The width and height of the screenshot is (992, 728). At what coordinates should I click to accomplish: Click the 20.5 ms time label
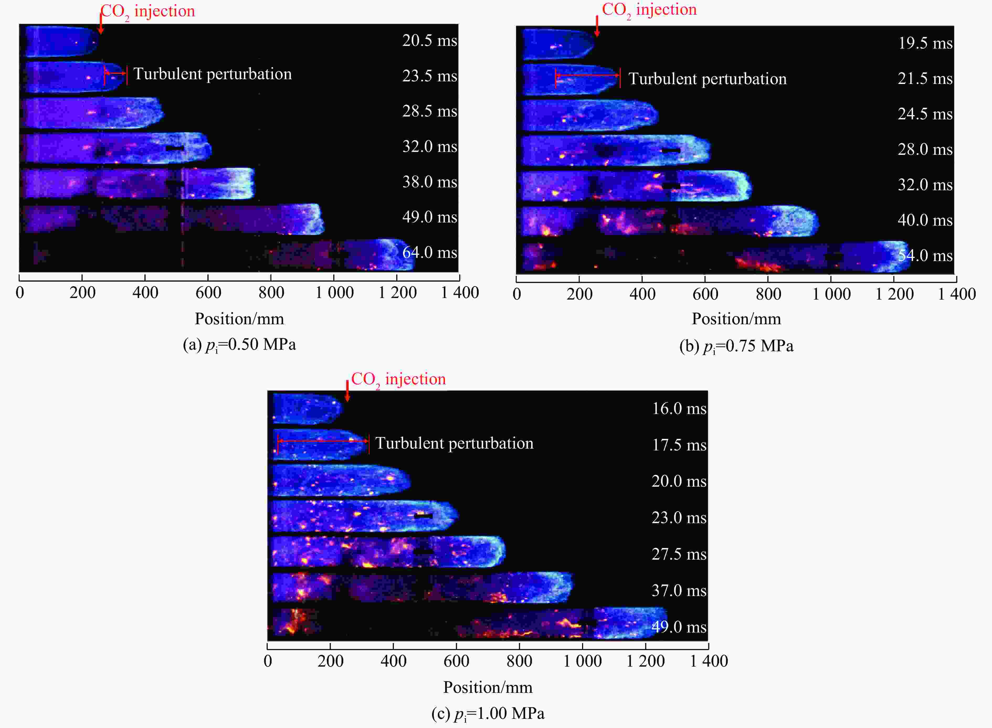(x=429, y=41)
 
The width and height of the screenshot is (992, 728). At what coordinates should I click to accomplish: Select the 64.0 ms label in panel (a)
(x=429, y=253)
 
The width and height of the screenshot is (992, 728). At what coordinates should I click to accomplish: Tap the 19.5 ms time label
(x=925, y=43)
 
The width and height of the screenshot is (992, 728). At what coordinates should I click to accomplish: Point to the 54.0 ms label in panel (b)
(x=925, y=256)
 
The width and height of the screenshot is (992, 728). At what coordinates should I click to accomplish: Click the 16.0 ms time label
(x=679, y=408)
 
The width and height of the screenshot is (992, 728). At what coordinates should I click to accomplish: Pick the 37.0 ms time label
(x=679, y=591)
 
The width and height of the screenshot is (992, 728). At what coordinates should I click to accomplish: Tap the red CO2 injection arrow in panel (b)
(x=597, y=26)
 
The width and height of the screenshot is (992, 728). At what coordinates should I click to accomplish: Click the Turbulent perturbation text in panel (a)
(x=213, y=74)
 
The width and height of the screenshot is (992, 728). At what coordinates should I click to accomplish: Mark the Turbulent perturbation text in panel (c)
(x=454, y=443)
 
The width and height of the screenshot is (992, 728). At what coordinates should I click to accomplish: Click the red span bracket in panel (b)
(x=588, y=76)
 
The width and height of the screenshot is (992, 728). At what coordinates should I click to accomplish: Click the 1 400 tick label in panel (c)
(x=709, y=661)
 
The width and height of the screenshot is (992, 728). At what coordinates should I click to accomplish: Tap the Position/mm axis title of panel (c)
(x=488, y=687)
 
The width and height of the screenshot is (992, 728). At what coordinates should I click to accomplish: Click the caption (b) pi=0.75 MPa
(x=736, y=346)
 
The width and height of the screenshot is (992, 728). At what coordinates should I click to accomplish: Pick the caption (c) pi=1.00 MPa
(x=488, y=714)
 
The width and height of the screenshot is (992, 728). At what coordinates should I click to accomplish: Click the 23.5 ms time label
(x=429, y=76)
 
